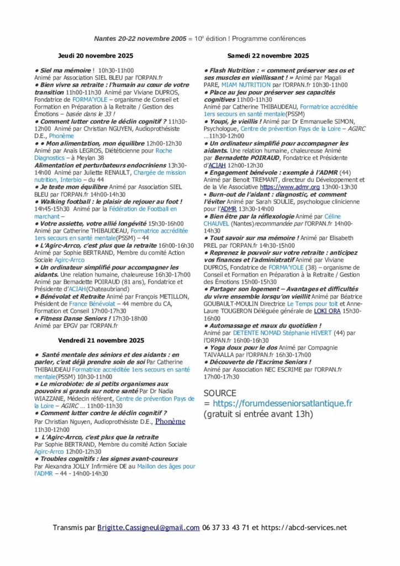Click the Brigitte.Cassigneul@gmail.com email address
[x=149, y=527]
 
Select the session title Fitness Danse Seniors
[x=74, y=318]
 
